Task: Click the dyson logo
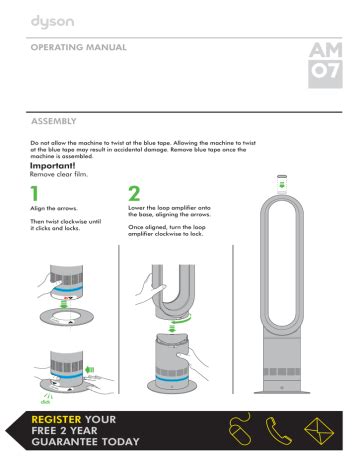(x=52, y=22)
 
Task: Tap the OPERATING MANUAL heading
(x=79, y=47)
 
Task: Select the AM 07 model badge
(x=325, y=65)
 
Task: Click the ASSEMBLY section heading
(x=54, y=121)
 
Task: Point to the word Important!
(x=53, y=166)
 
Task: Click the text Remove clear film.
(x=59, y=174)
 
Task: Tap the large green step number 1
(x=34, y=193)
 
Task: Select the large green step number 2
(x=134, y=193)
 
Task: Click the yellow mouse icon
(x=239, y=430)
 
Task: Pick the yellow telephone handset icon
(x=278, y=431)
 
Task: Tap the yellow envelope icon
(x=319, y=431)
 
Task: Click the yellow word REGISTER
(x=56, y=419)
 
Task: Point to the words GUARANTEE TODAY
(x=85, y=442)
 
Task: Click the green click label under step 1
(x=45, y=402)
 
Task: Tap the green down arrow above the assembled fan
(x=282, y=185)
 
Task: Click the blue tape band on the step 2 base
(x=172, y=379)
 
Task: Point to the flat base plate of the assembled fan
(x=282, y=392)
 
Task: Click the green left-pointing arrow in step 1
(x=90, y=369)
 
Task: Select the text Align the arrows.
(x=54, y=209)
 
